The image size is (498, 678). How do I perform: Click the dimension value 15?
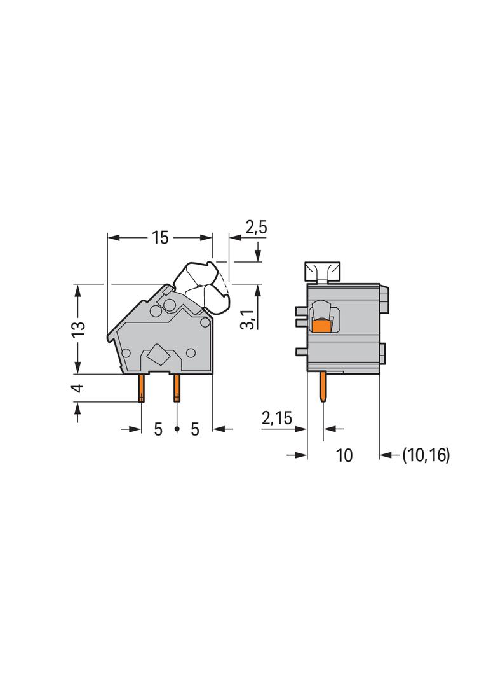point(159,238)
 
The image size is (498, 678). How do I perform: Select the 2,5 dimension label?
point(256,228)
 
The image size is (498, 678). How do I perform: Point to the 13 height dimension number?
point(77,329)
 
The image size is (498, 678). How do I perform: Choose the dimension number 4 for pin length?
point(77,388)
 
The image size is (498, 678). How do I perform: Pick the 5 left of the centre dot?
point(158,429)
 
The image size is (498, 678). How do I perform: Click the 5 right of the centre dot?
point(194,429)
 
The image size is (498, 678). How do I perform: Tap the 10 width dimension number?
point(344,455)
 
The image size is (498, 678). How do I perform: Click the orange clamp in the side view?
point(323,327)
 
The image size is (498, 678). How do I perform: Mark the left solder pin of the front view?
point(140,388)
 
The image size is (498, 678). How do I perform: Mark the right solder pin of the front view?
point(176,388)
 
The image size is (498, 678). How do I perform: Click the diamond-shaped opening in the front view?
point(158,355)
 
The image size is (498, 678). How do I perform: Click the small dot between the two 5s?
point(177,431)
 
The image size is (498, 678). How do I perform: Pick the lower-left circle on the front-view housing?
point(126,353)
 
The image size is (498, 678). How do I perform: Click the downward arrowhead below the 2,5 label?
point(258,254)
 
